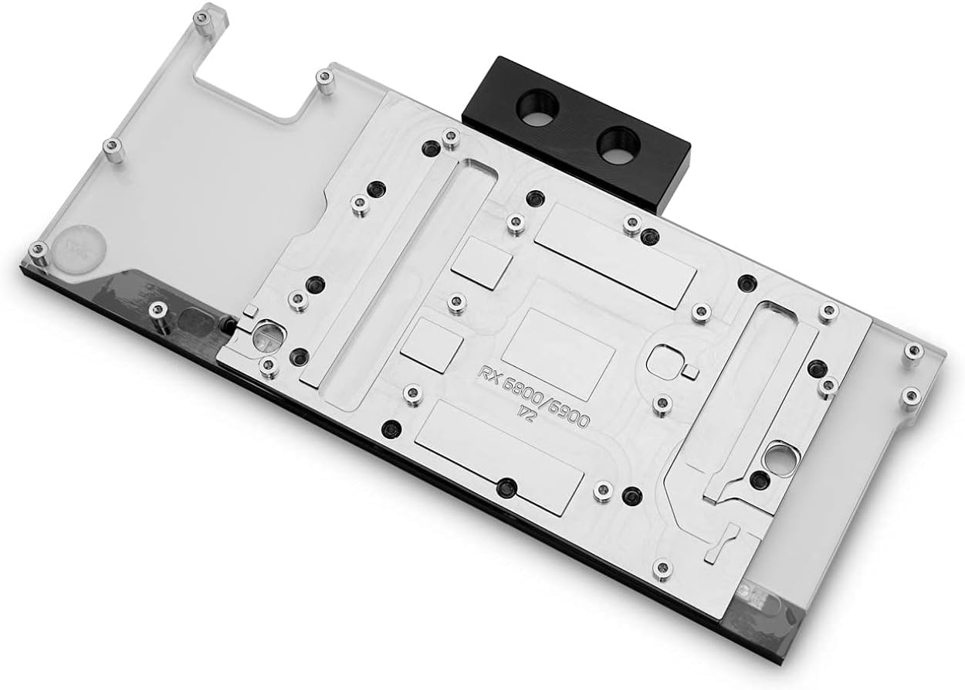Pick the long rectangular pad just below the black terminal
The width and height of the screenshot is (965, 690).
coord(615,256)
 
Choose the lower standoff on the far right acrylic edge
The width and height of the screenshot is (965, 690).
coord(911,396)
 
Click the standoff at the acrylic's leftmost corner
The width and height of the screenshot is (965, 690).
coord(36,250)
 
